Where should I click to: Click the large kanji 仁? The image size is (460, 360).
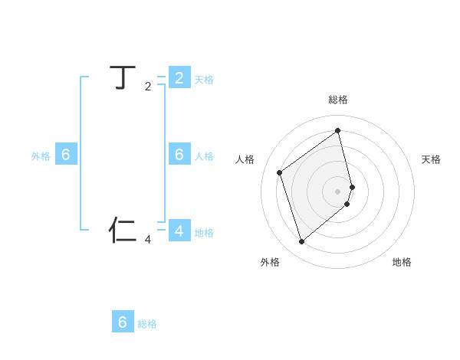(123, 229)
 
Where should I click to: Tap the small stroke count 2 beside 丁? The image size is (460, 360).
(148, 87)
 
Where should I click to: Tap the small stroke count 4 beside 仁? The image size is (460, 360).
(148, 240)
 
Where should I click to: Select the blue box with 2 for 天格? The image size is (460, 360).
(179, 77)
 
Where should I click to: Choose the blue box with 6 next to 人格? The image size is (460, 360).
(179, 155)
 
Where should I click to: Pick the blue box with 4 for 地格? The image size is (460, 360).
(179, 231)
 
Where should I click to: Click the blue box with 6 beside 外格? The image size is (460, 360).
(66, 155)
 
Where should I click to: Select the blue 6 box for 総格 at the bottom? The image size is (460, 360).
(123, 322)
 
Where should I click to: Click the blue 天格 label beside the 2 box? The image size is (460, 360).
(204, 79)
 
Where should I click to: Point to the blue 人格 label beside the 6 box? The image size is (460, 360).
(204, 156)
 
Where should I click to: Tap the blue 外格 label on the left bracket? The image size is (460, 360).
(41, 156)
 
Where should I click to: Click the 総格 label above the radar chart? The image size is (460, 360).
(338, 100)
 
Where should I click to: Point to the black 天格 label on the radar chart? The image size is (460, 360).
(431, 159)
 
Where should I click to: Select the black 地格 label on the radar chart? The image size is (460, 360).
(402, 262)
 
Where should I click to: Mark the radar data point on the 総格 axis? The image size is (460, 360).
(338, 130)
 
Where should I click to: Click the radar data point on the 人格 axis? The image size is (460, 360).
(280, 172)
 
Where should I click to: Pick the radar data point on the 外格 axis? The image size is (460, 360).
(302, 242)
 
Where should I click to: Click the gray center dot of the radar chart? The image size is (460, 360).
(338, 191)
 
